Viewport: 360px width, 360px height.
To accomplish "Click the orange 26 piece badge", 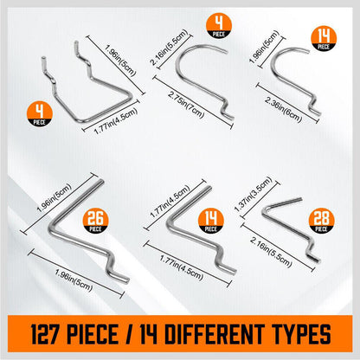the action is tap(96, 221).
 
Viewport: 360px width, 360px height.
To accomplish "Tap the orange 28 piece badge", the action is tap(321, 221).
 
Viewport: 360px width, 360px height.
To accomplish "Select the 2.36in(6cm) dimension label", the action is tap(283, 110).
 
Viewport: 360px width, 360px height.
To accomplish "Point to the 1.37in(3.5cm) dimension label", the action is tap(253, 194).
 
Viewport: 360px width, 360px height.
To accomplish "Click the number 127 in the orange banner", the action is tap(45, 334).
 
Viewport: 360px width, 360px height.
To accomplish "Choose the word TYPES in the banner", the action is tap(302, 334).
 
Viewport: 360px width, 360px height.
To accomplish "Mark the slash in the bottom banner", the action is tap(129, 334).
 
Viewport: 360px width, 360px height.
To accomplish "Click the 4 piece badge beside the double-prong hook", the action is tap(40, 113).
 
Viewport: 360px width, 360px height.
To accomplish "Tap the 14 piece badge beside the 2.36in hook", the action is tap(324, 39).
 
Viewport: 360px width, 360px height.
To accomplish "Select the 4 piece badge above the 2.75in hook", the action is tap(219, 26).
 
